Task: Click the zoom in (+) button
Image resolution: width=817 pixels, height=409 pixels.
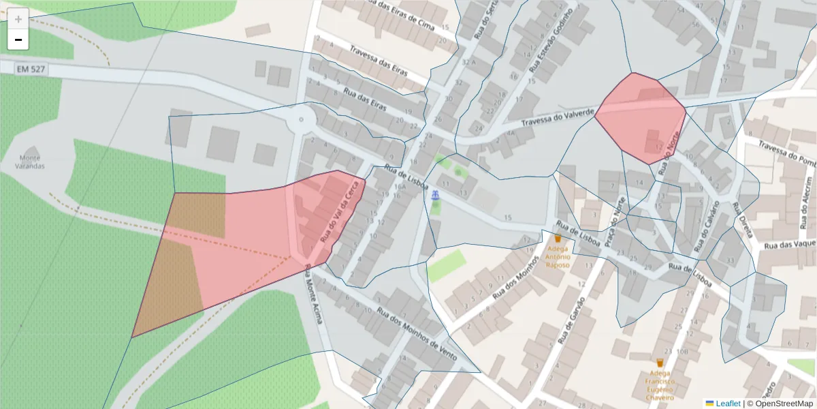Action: click(x=18, y=19)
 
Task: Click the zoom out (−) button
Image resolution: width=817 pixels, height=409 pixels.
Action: click(x=18, y=40)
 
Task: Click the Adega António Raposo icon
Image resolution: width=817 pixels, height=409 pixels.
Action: click(x=558, y=239)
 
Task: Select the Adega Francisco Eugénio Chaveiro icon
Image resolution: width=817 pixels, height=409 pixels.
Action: click(x=659, y=363)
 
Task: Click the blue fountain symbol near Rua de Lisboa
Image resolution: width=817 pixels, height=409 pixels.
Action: click(x=434, y=196)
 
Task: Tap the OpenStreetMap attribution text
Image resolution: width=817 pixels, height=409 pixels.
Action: click(x=783, y=404)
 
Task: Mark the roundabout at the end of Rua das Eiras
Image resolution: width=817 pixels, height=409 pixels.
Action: click(x=300, y=121)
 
